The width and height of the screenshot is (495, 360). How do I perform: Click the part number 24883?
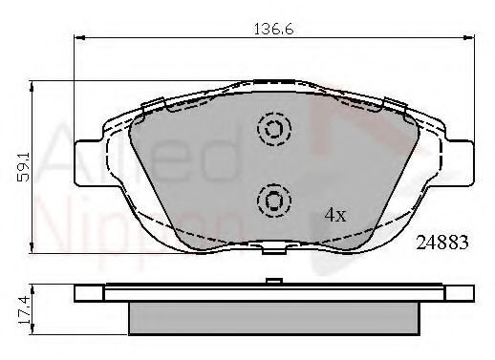(x=442, y=243)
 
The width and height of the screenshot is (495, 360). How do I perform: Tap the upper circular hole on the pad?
(x=274, y=131)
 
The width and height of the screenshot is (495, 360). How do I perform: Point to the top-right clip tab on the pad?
(x=394, y=103)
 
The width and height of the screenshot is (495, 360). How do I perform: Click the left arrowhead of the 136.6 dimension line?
(x=79, y=37)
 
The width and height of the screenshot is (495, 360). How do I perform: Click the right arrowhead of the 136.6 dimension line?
(x=467, y=37)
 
